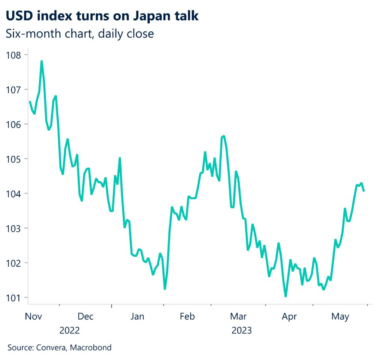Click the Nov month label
click(34, 317)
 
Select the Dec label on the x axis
click(85, 317)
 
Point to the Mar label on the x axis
click(238, 317)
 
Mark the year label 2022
click(70, 331)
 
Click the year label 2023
click(242, 331)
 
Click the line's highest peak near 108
click(42, 61)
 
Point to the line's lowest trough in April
click(286, 296)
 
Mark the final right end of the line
click(364, 191)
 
